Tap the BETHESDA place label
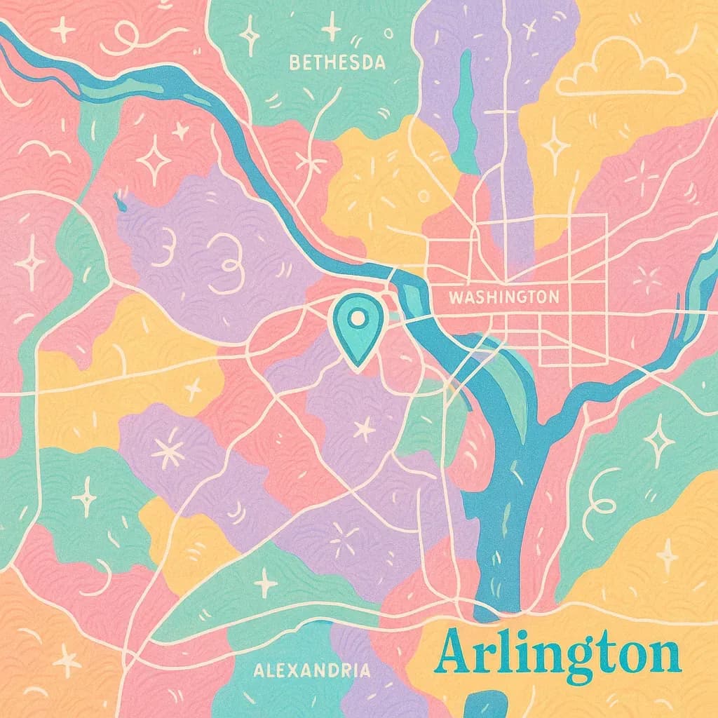[337, 63]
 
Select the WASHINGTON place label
[503, 297]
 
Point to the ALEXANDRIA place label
[311, 670]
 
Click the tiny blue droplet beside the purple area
[118, 203]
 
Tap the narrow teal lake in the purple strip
[463, 112]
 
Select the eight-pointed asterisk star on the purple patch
[168, 452]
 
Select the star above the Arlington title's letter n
[667, 555]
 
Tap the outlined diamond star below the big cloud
[555, 146]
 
